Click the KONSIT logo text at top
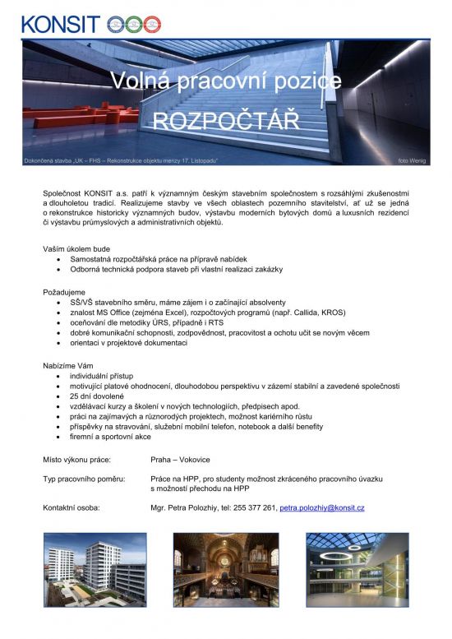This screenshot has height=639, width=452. coord(61,23)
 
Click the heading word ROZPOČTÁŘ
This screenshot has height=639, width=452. coord(228,121)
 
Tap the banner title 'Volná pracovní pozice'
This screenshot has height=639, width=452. coord(226,81)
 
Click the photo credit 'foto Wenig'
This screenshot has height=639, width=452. coord(411,160)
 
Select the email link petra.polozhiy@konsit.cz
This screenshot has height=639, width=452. coord(322,508)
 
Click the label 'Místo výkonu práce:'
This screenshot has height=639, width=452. coord(76,458)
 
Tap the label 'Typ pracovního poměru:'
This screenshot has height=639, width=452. coord(84,478)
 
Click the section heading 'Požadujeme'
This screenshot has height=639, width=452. coord(65,292)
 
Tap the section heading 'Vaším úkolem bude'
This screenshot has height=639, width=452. coord(77,248)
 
